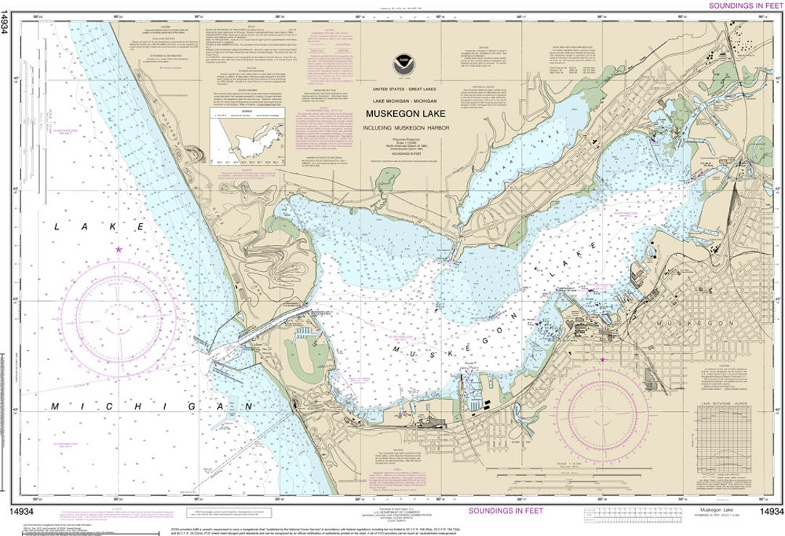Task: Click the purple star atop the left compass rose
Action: point(118,249)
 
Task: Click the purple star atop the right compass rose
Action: point(602,360)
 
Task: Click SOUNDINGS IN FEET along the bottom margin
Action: point(505,511)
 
